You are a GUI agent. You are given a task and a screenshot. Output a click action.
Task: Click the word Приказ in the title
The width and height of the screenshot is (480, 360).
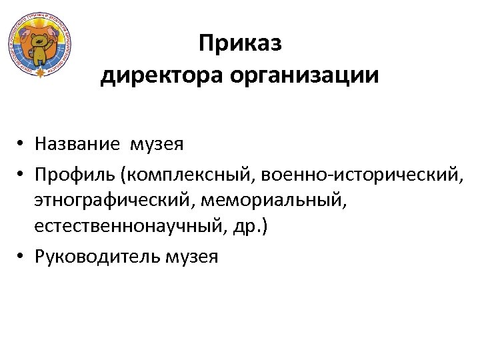point(240,44)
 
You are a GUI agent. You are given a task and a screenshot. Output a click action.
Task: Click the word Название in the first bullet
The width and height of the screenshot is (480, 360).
point(77,143)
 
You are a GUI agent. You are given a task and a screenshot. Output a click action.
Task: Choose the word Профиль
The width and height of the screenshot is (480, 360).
point(73,175)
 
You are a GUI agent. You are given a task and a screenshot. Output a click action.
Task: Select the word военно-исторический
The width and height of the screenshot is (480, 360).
point(358,175)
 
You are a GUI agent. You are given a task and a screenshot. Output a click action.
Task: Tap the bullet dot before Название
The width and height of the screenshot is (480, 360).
point(22,144)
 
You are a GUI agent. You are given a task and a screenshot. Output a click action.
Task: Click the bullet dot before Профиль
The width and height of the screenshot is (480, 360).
point(22,175)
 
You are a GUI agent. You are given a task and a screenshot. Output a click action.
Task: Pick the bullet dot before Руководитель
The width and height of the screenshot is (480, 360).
point(22,257)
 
